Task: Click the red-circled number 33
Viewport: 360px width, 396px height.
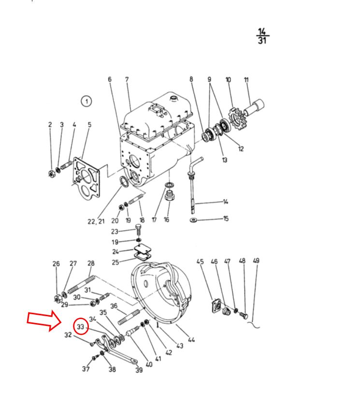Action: point(81,326)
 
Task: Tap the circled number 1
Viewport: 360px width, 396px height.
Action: point(86,102)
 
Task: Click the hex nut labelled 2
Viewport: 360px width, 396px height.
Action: point(52,174)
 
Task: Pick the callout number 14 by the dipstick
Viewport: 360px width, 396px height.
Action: point(225,202)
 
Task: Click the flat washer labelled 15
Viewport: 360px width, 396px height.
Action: point(193,220)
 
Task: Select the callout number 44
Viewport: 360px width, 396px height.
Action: point(191,340)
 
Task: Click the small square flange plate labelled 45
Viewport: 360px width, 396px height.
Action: point(216,306)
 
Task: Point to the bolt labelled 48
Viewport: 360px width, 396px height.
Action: point(243,315)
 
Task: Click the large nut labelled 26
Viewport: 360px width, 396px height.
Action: point(58,299)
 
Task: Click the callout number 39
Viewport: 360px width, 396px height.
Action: point(139,370)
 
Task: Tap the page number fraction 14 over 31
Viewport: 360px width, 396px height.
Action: point(262,36)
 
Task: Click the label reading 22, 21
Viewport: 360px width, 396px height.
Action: point(96,221)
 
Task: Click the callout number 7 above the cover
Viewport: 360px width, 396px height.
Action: point(127,79)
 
